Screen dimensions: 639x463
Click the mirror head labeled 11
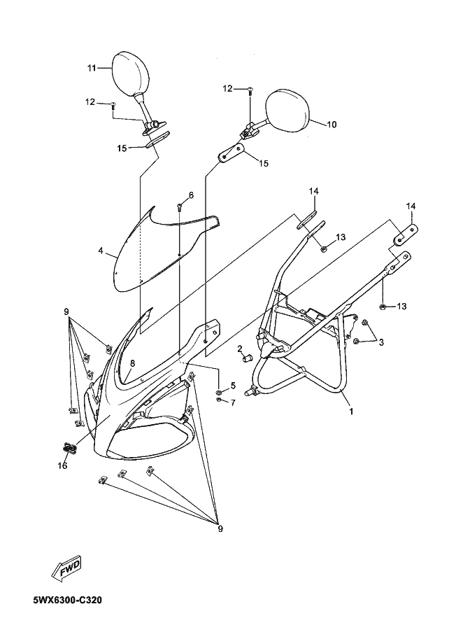tap(132, 71)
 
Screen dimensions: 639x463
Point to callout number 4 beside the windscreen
tap(101, 250)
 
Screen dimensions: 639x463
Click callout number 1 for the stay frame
tap(351, 412)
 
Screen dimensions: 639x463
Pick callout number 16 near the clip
tap(62, 466)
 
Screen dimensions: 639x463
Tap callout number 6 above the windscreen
tap(190, 195)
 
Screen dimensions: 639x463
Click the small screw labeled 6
tap(180, 206)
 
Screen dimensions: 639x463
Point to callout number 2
tap(239, 348)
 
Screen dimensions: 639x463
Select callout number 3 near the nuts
tap(380, 342)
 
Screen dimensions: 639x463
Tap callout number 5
tap(232, 386)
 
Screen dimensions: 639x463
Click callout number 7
tap(232, 402)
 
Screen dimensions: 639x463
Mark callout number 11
tap(91, 67)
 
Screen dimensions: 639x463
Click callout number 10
tap(332, 124)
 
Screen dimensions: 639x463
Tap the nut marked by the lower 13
tap(383, 307)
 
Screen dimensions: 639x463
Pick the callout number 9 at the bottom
tap(220, 528)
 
